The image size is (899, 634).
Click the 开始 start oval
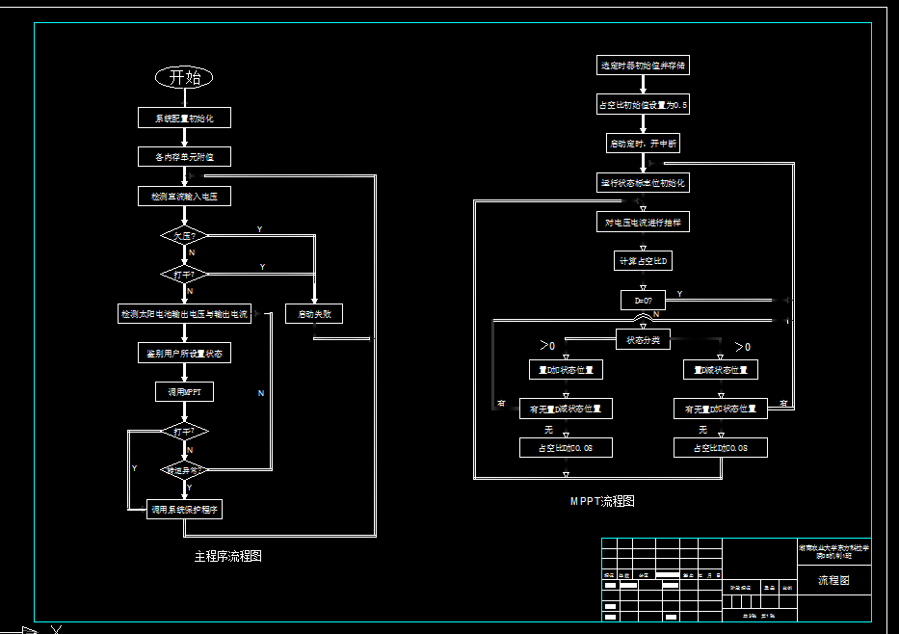pyautogui.click(x=183, y=77)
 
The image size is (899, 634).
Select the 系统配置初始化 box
pyautogui.click(x=184, y=118)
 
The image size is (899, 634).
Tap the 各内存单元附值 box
pyautogui.click(x=184, y=156)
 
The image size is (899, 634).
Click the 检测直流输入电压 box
pyautogui.click(x=184, y=196)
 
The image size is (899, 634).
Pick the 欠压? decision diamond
pyautogui.click(x=183, y=235)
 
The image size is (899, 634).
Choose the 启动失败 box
pyautogui.click(x=314, y=314)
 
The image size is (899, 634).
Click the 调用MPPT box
pyautogui.click(x=184, y=392)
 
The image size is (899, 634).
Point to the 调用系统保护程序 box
pyautogui.click(x=184, y=509)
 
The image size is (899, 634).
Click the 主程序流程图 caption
pyautogui.click(x=227, y=556)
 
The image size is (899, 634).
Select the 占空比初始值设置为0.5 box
pyautogui.click(x=643, y=105)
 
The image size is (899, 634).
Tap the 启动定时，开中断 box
pyautogui.click(x=643, y=144)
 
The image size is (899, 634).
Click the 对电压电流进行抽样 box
pyautogui.click(x=643, y=222)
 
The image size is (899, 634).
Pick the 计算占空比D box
pyautogui.click(x=643, y=261)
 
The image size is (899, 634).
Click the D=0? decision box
pyautogui.click(x=643, y=300)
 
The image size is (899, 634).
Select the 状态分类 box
pyautogui.click(x=643, y=339)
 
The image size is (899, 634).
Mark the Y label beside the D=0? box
pyautogui.click(x=679, y=294)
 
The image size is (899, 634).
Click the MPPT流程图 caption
pyautogui.click(x=602, y=501)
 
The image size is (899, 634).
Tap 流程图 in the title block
pyautogui.click(x=833, y=580)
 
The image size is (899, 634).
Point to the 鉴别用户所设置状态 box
pyautogui.click(x=184, y=354)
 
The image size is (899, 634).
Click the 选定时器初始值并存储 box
pyautogui.click(x=643, y=66)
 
